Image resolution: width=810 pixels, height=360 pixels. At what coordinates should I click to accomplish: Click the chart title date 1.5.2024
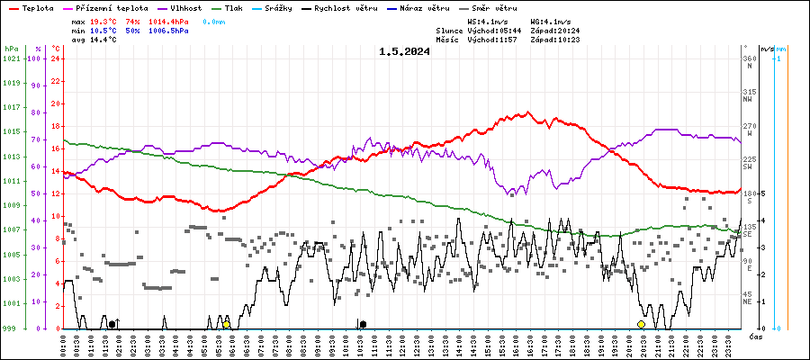click(x=404, y=51)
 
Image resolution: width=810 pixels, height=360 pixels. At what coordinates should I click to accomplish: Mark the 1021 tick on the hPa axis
click(x=12, y=58)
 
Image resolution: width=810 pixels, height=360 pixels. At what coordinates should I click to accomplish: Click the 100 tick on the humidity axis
click(x=35, y=58)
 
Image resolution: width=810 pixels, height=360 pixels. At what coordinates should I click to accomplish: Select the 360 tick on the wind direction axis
click(x=749, y=58)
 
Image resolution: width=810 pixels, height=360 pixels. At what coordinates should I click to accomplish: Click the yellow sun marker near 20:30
click(x=641, y=324)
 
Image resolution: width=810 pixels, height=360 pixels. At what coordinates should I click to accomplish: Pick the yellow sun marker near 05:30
click(x=227, y=324)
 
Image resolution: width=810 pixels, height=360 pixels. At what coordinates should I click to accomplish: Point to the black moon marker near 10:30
click(x=363, y=324)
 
